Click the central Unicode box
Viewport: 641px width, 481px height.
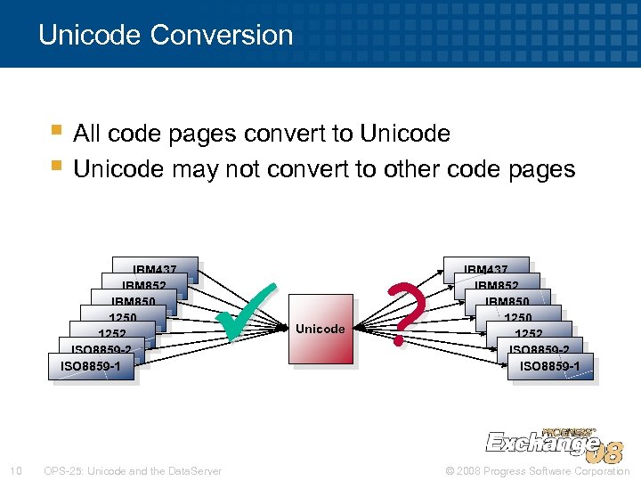click(320, 329)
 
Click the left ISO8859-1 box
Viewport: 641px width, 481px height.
click(91, 366)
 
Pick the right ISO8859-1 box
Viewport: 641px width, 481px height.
click(549, 366)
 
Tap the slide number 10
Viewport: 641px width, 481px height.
click(16, 470)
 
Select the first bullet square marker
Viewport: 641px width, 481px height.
click(57, 133)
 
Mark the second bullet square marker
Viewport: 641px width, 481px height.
click(57, 167)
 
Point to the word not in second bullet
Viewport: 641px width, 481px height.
click(242, 168)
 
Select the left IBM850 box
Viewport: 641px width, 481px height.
click(133, 301)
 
